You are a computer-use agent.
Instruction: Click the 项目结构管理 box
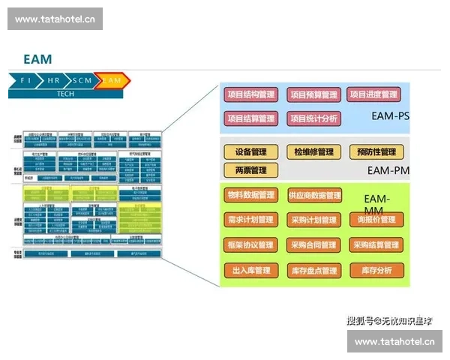pos(251,94)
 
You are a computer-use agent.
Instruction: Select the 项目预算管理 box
pos(313,94)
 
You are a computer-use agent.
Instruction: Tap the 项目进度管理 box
pos(374,94)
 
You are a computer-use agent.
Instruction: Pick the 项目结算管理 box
pos(251,118)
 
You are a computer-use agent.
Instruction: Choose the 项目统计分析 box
pos(313,118)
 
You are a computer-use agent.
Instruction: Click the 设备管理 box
pos(251,151)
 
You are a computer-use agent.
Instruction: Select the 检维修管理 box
pos(313,151)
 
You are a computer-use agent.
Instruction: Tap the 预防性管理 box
pos(376,151)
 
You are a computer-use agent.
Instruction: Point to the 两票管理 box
pos(251,170)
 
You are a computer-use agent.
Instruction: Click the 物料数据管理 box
pos(251,195)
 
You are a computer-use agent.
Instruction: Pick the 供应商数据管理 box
pos(314,195)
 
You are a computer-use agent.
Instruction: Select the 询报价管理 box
pos(376,220)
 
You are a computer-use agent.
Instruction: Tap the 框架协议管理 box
pos(251,244)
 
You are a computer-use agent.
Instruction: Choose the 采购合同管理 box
pos(314,244)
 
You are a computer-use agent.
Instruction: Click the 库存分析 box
pos(376,270)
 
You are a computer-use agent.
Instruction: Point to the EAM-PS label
pos(390,116)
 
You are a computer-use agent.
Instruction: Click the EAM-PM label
pos(387,170)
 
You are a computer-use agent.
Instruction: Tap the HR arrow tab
pos(53,79)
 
